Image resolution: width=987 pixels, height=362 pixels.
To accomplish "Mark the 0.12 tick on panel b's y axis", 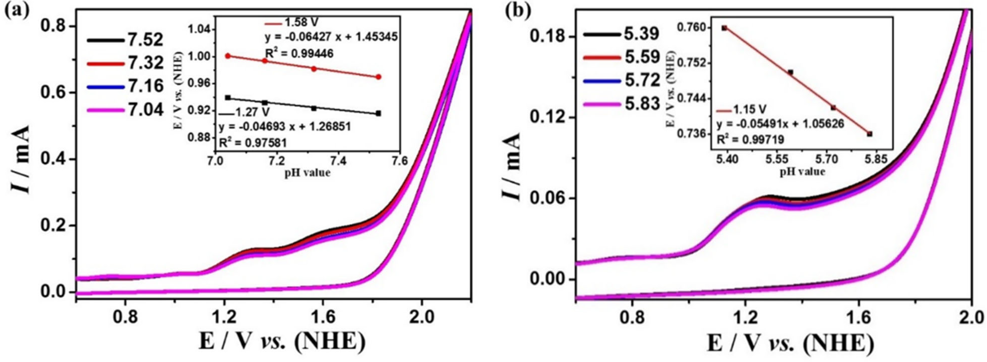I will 548,117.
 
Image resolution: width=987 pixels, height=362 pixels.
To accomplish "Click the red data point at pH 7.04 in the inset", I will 228,56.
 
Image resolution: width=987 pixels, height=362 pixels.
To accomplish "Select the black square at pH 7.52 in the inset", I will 378,113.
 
